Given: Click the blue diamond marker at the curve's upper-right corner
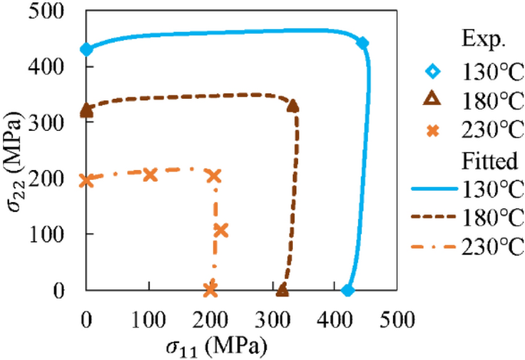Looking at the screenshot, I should pyautogui.click(x=363, y=43).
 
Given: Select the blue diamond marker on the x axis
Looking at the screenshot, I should pyautogui.click(x=348, y=290).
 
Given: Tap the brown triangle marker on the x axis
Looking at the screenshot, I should pyautogui.click(x=282, y=290).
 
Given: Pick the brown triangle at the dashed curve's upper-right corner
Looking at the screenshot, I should pyautogui.click(x=293, y=106).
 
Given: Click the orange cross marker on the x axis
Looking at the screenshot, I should pyautogui.click(x=211, y=290).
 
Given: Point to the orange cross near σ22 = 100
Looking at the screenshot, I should pyautogui.click(x=221, y=231).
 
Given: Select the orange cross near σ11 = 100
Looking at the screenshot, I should pyautogui.click(x=150, y=175).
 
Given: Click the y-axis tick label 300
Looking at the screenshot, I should pyautogui.click(x=51, y=123).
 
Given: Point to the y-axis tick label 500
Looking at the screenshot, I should pyautogui.click(x=51, y=11).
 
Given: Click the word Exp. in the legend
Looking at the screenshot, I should pyautogui.click(x=481, y=39).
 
